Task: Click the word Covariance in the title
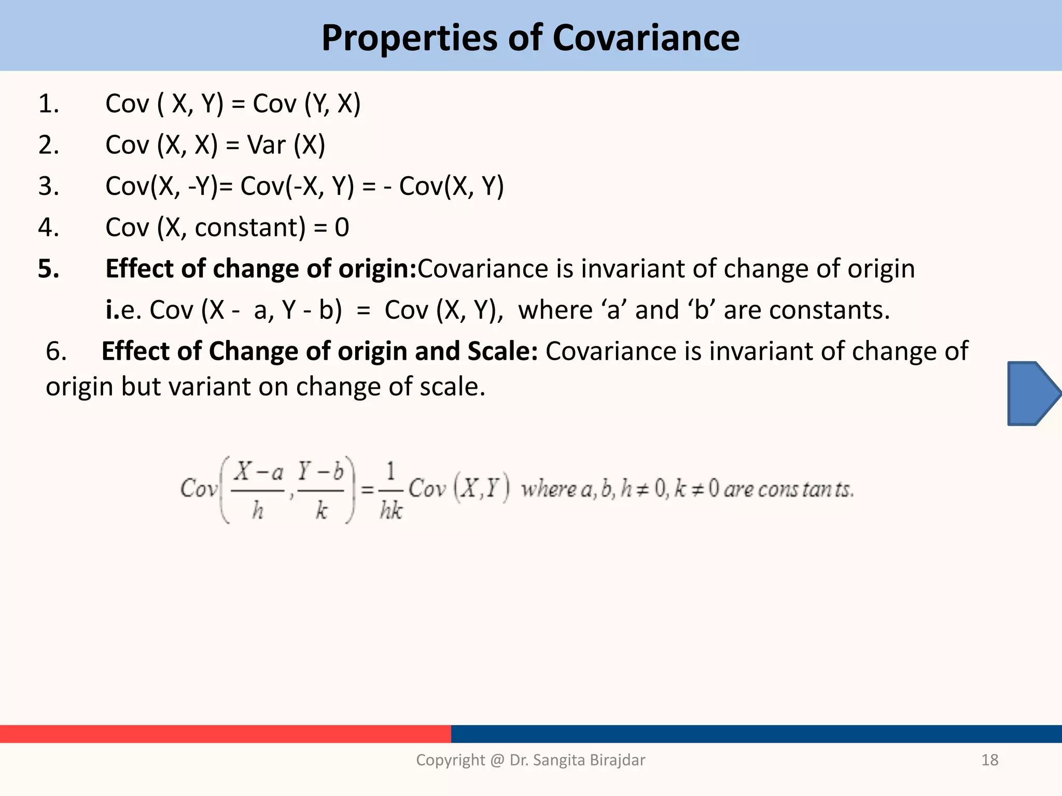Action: click(646, 38)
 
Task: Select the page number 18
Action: click(989, 760)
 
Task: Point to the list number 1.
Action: click(48, 104)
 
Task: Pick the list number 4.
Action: click(48, 228)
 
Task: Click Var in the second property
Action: click(267, 145)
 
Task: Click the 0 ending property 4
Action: click(342, 228)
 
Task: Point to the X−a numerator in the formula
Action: click(258, 472)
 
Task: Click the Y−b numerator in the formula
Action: click(320, 471)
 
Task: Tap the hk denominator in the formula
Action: click(391, 510)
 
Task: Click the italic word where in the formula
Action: click(549, 489)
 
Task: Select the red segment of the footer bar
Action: click(225, 734)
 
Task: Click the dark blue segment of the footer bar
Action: click(756, 734)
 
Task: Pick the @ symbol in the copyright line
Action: click(496, 760)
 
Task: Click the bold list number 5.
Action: click(48, 269)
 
